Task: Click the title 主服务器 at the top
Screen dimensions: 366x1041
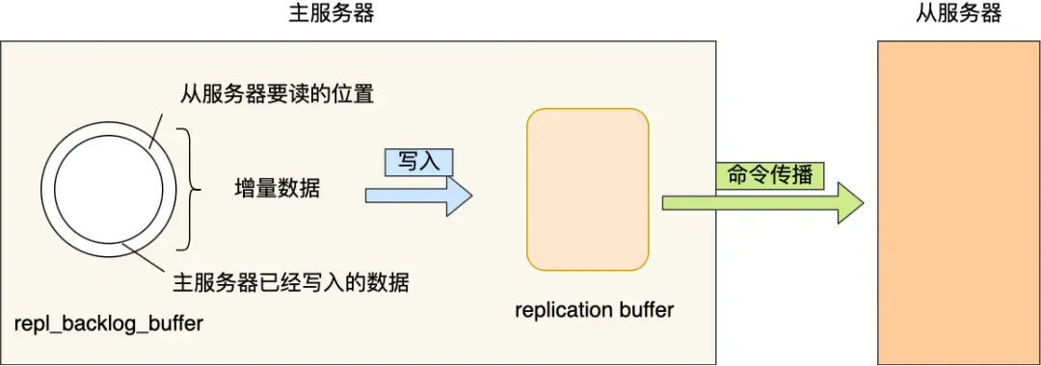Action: tap(331, 13)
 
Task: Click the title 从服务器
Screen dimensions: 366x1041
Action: tap(958, 13)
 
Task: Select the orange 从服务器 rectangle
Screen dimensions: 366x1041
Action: tap(958, 202)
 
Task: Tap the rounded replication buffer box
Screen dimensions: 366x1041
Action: tap(588, 189)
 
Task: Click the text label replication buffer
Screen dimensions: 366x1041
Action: tap(594, 310)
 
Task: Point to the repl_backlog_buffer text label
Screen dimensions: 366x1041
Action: tap(109, 324)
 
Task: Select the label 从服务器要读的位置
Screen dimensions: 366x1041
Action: tap(277, 95)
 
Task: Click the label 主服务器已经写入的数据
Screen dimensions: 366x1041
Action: tap(289, 283)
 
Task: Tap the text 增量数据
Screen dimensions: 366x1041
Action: tap(277, 190)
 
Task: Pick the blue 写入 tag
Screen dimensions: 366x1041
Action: tap(418, 161)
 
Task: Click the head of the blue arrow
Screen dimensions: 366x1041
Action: tap(460, 196)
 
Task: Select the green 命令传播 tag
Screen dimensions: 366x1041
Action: tap(769, 176)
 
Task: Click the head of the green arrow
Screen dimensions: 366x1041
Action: tap(849, 203)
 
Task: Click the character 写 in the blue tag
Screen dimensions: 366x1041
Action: tap(408, 161)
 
